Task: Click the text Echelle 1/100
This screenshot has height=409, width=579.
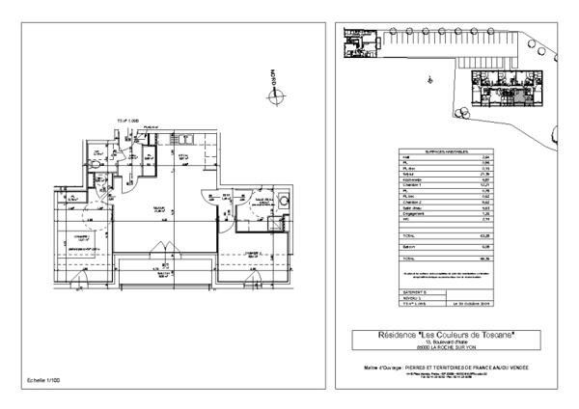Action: point(42,383)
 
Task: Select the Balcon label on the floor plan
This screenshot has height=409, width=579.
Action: point(164,273)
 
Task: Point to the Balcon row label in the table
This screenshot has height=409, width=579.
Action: point(408,245)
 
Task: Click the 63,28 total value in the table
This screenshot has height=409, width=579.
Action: point(485,234)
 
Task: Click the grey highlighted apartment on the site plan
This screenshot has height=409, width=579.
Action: point(520,95)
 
